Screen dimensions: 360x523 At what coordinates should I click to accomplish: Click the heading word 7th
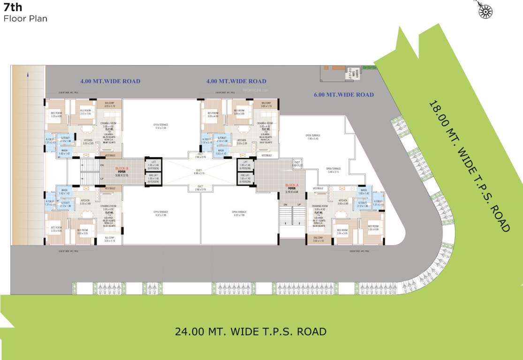pyautogui.click(x=13, y=7)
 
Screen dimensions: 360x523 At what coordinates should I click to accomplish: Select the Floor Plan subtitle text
pyautogui.click(x=25, y=19)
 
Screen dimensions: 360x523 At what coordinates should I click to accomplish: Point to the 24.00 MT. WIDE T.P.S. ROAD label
pyautogui.click(x=250, y=331)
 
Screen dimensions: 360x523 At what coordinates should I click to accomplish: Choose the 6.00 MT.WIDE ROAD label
pyautogui.click(x=344, y=95)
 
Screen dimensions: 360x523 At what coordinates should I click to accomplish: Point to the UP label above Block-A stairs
pyautogui.click(x=299, y=205)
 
